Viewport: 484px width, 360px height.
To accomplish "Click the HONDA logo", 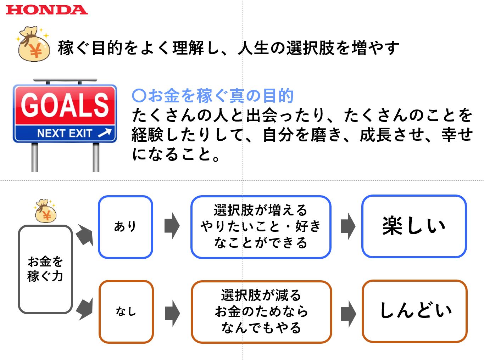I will point(46,10).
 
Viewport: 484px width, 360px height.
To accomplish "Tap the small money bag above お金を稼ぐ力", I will point(45,211).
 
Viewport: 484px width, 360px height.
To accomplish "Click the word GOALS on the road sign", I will point(65,105).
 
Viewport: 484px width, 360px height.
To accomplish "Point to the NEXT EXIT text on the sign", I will point(65,133).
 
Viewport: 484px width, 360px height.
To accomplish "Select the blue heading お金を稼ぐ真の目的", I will point(213,96).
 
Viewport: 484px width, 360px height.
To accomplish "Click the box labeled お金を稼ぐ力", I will point(45,269).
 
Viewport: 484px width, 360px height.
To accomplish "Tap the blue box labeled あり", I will point(126,226).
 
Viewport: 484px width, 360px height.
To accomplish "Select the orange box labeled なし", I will point(126,312).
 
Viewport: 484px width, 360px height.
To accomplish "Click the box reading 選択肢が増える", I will point(261,226).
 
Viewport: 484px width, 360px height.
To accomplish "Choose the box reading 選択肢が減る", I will point(261,312).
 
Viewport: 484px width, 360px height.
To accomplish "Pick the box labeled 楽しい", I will point(414,226).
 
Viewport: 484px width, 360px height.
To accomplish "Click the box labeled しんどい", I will point(415,311).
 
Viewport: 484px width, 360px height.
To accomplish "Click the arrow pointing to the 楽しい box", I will point(348,226).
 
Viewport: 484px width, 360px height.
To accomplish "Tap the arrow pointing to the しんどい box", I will point(348,313).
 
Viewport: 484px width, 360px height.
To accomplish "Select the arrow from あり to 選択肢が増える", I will point(172,226).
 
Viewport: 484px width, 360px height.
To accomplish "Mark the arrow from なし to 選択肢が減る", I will point(172,313).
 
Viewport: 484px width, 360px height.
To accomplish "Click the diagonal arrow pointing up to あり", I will point(85,235).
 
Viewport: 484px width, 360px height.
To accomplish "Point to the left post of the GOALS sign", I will point(35,157).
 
